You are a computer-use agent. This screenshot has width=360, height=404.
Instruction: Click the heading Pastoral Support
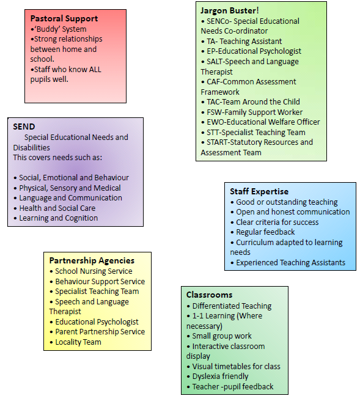64,19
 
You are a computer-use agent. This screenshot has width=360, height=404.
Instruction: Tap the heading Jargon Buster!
230,11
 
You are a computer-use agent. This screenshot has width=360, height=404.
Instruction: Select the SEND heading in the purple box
24,127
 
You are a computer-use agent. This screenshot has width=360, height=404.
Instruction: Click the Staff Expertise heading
259,192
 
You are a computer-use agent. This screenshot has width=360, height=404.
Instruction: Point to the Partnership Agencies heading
92,261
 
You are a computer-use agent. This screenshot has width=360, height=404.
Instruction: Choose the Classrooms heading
210,295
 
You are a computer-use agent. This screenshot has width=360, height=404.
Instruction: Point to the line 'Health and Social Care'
57,208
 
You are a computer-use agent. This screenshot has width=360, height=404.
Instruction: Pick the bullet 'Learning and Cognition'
59,218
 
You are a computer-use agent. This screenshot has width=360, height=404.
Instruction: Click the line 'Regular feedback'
265,232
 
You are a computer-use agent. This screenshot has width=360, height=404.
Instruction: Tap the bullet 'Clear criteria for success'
277,222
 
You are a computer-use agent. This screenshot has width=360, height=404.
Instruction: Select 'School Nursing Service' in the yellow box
94,271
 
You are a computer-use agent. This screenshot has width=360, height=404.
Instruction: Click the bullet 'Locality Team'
78,342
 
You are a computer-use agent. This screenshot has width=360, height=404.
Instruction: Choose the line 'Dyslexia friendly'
220,376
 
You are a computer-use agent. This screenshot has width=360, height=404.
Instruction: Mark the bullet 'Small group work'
222,336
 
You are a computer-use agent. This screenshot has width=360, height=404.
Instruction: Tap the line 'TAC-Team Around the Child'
253,102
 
